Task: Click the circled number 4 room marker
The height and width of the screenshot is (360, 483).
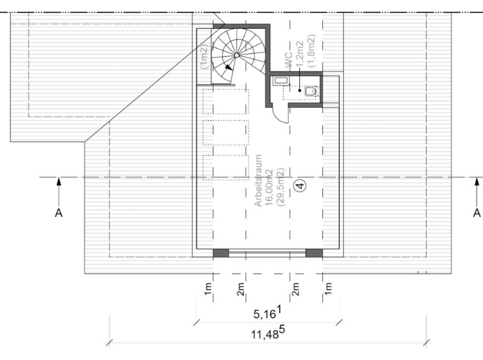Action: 300,185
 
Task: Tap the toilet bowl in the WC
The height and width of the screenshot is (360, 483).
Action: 310,92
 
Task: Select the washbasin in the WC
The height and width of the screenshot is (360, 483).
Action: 281,80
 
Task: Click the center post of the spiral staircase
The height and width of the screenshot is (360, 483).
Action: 236,55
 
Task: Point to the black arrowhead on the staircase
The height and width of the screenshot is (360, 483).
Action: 228,66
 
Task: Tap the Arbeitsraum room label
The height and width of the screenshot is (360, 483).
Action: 258,181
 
